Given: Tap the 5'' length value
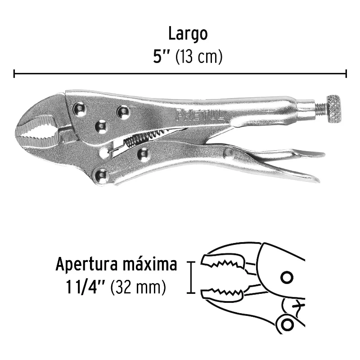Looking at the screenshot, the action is point(161,57).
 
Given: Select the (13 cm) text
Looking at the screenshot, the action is point(199,57).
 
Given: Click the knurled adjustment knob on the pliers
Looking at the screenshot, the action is point(334,108).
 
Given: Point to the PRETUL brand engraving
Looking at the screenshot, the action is point(199,115).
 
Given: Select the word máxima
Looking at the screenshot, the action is point(150,264).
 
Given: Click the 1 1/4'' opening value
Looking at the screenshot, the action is point(85,287).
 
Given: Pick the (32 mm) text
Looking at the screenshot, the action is point(138,287).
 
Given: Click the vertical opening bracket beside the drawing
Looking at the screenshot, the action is point(191,277).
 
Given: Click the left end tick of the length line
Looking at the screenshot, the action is point(14,74).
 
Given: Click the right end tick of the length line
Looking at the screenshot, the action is point(346,74).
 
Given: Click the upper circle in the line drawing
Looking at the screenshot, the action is point(287,278).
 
